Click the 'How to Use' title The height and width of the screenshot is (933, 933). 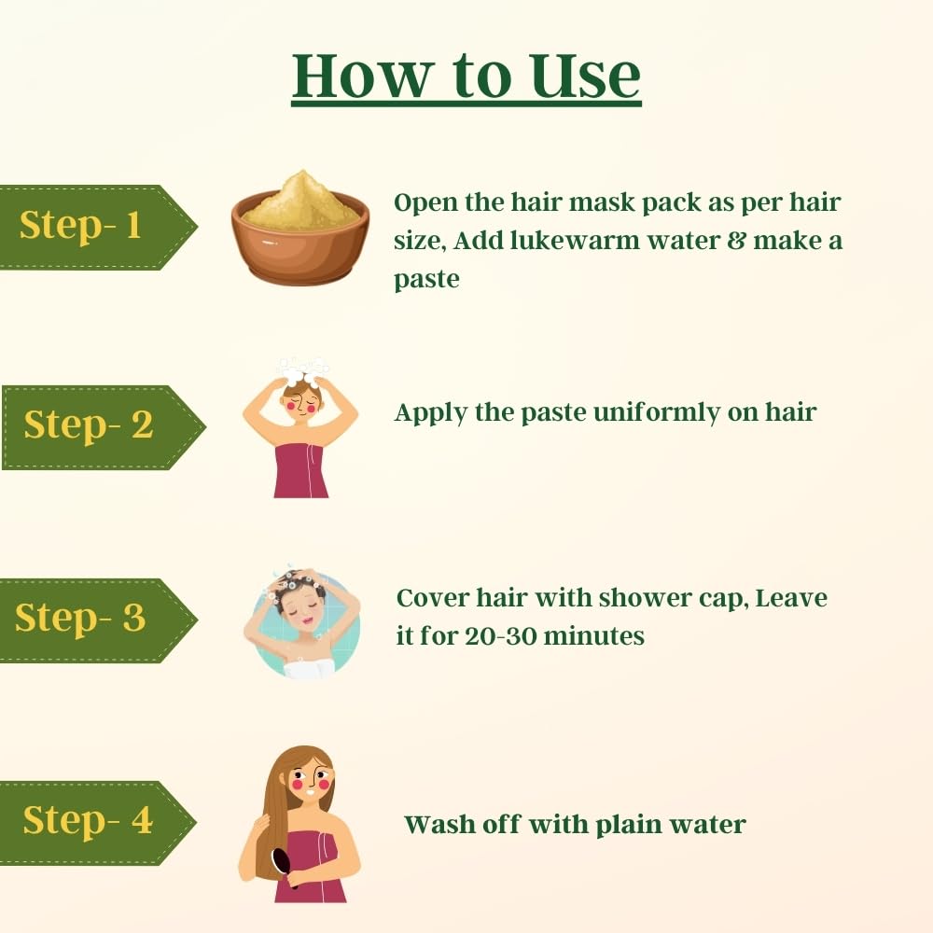point(466,77)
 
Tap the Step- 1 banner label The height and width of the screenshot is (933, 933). point(81,226)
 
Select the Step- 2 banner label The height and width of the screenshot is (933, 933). point(88,425)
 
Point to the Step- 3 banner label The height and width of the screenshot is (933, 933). point(80,618)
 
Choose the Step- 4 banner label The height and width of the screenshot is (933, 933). point(88,820)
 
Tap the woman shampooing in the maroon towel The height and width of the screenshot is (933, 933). point(300,428)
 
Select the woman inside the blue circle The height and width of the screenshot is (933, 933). point(302,622)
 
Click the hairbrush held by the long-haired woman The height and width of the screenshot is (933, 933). point(283,866)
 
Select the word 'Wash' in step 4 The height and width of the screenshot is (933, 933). point(439,825)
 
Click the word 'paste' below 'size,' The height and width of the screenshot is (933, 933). point(426,280)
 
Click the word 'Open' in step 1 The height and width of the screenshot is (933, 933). point(426,203)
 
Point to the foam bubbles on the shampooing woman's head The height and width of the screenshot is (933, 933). point(304,371)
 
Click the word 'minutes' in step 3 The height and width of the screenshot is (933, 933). point(593,636)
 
